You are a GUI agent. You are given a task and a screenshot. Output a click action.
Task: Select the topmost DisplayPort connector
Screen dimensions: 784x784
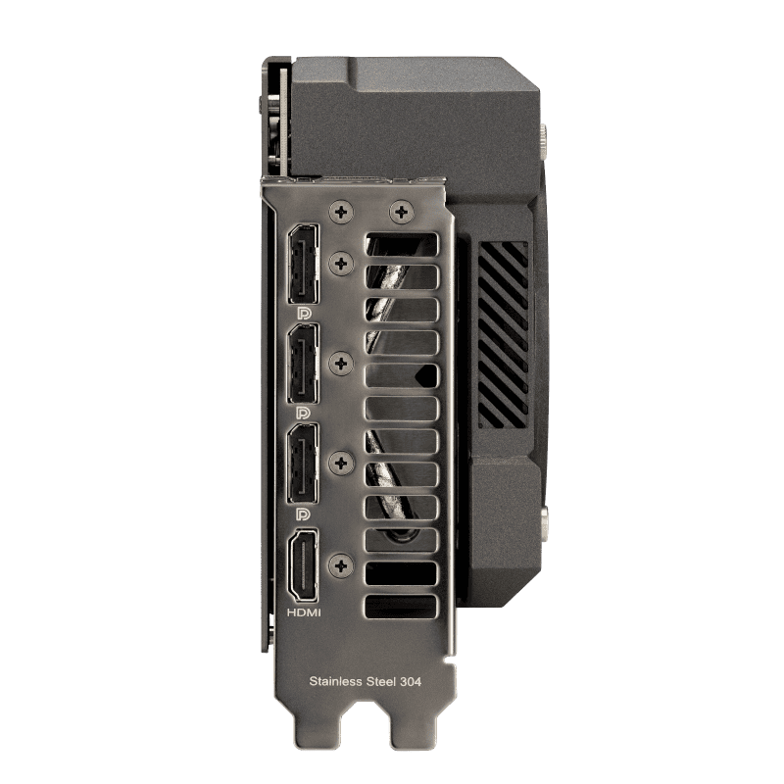(x=303, y=264)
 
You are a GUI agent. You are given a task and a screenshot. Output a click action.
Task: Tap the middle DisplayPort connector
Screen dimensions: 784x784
(x=303, y=364)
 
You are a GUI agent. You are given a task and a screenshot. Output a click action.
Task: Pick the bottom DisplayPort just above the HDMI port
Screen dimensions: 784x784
(x=303, y=464)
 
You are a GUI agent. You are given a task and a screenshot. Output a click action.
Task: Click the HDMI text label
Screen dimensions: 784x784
(x=304, y=612)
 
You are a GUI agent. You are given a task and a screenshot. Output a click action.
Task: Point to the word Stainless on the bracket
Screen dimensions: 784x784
(x=336, y=681)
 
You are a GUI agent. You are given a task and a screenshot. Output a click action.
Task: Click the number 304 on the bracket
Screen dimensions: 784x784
(x=411, y=681)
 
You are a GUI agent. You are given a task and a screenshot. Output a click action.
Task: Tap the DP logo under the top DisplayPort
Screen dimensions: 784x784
(x=304, y=314)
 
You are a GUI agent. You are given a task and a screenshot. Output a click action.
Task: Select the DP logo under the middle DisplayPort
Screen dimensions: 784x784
(x=304, y=413)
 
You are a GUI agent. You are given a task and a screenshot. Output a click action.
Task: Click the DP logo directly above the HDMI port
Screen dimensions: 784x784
(x=304, y=514)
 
